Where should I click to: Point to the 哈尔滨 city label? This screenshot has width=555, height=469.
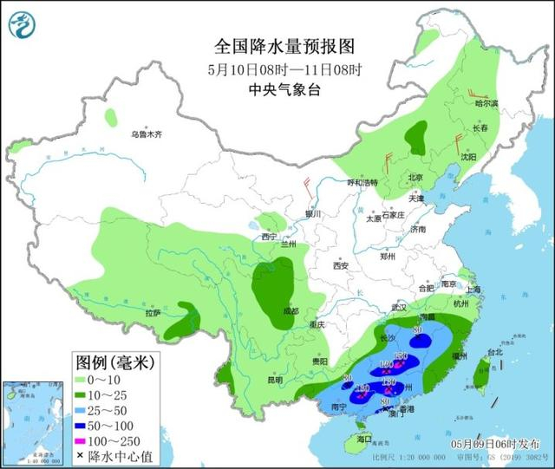[x=488, y=103]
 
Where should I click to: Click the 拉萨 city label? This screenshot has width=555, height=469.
[x=153, y=312]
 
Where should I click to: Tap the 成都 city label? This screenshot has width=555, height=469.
[x=290, y=310]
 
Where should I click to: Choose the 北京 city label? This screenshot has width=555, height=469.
[x=415, y=178]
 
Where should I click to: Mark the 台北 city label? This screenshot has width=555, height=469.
[x=494, y=353]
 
